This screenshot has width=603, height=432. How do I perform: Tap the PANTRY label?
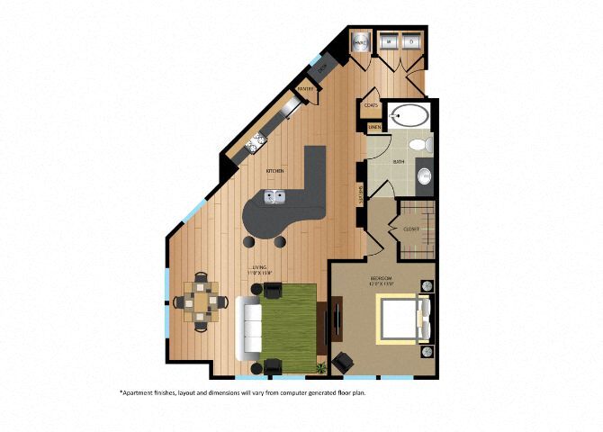click(305, 89)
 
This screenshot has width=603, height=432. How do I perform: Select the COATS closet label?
click(371, 105)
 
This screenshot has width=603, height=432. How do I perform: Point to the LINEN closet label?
click(374, 128)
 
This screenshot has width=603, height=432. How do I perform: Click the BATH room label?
click(398, 161)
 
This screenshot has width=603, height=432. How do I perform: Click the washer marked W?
click(390, 40)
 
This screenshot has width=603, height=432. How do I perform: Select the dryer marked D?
click(410, 40)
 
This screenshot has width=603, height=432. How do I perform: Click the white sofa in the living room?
click(248, 328)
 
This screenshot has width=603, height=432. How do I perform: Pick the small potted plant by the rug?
click(322, 367)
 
